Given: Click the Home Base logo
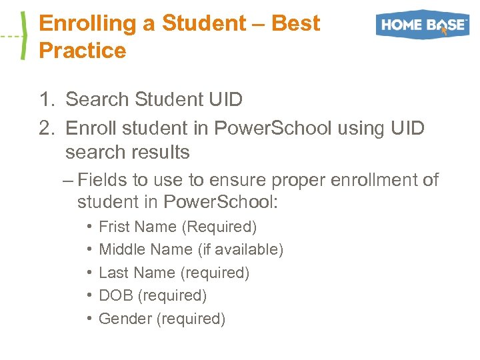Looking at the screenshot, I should tap(422, 25).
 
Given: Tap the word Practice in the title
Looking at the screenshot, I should tap(83, 51).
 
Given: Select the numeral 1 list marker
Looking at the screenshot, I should tap(45, 100).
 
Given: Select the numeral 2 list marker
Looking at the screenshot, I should tap(45, 127).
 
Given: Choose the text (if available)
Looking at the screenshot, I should tap(241, 250).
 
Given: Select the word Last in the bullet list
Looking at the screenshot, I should tap(111, 273).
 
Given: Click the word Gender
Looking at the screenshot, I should tap(125, 319).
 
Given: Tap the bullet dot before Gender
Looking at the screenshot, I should tap(89, 319).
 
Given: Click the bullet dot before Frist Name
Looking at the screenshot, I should tap(89, 227).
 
